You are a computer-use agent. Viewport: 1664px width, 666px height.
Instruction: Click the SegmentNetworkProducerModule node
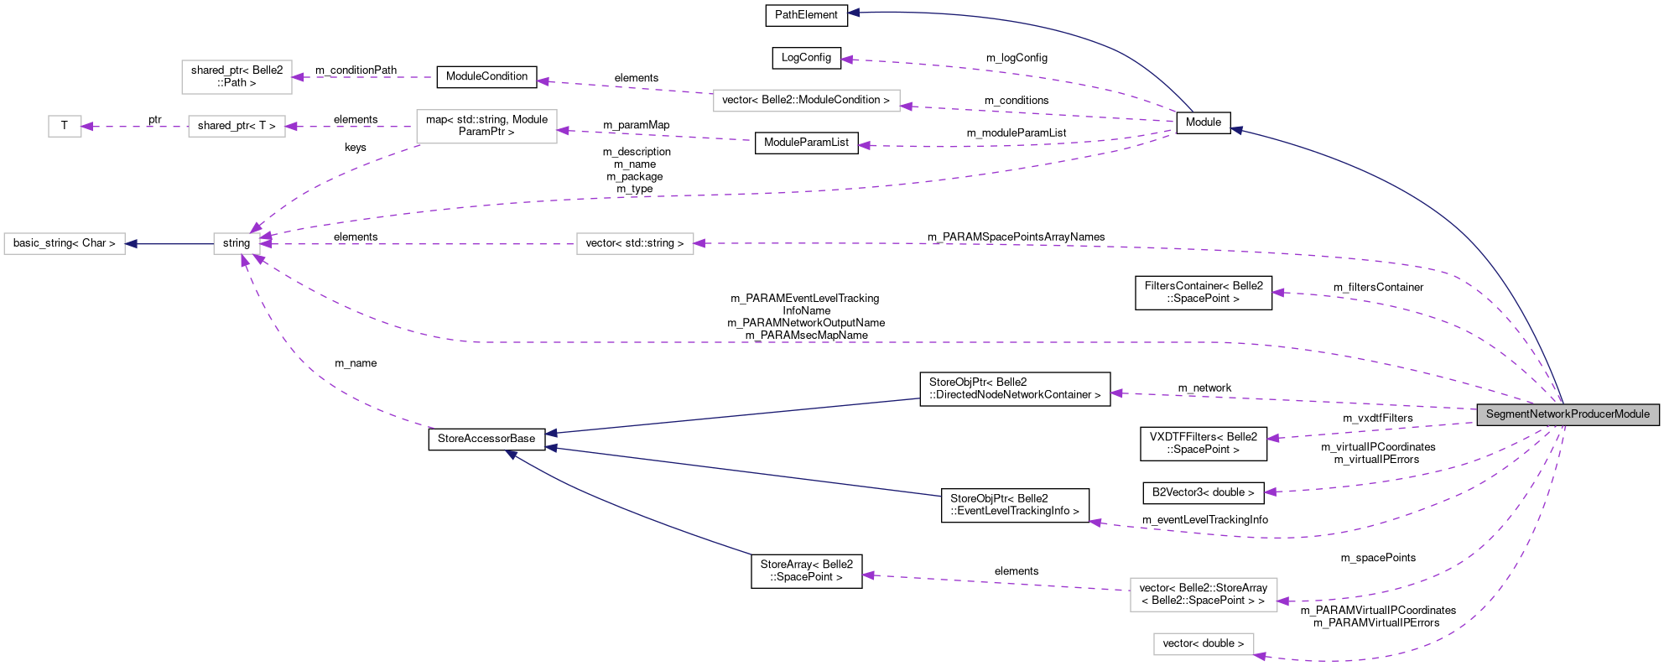coord(1567,414)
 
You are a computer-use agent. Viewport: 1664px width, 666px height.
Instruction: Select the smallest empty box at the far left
coord(65,127)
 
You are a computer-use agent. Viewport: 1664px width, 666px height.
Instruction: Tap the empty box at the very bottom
coord(1204,644)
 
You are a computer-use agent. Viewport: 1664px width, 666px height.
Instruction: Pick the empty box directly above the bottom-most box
coord(1204,595)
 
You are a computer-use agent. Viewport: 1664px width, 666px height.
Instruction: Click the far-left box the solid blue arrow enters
coord(65,244)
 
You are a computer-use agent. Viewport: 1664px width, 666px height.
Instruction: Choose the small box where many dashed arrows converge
coord(237,244)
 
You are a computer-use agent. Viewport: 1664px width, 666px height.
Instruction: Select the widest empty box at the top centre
coord(806,101)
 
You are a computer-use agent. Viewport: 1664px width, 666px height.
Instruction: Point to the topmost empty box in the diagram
coord(237,77)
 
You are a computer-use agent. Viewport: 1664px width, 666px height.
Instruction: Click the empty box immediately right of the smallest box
coord(237,127)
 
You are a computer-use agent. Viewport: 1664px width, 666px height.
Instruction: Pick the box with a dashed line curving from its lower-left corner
coord(486,127)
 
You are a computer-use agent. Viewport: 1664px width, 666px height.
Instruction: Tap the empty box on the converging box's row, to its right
coord(635,244)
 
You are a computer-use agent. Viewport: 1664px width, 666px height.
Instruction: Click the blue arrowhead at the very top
coord(853,13)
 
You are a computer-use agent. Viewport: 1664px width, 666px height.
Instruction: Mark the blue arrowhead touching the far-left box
coord(131,244)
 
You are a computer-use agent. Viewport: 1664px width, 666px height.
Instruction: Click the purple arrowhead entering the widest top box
coord(906,107)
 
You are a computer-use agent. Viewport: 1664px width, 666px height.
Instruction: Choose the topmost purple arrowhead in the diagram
coord(846,60)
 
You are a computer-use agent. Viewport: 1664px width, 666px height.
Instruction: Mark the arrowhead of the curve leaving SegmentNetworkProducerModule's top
coord(1236,130)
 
